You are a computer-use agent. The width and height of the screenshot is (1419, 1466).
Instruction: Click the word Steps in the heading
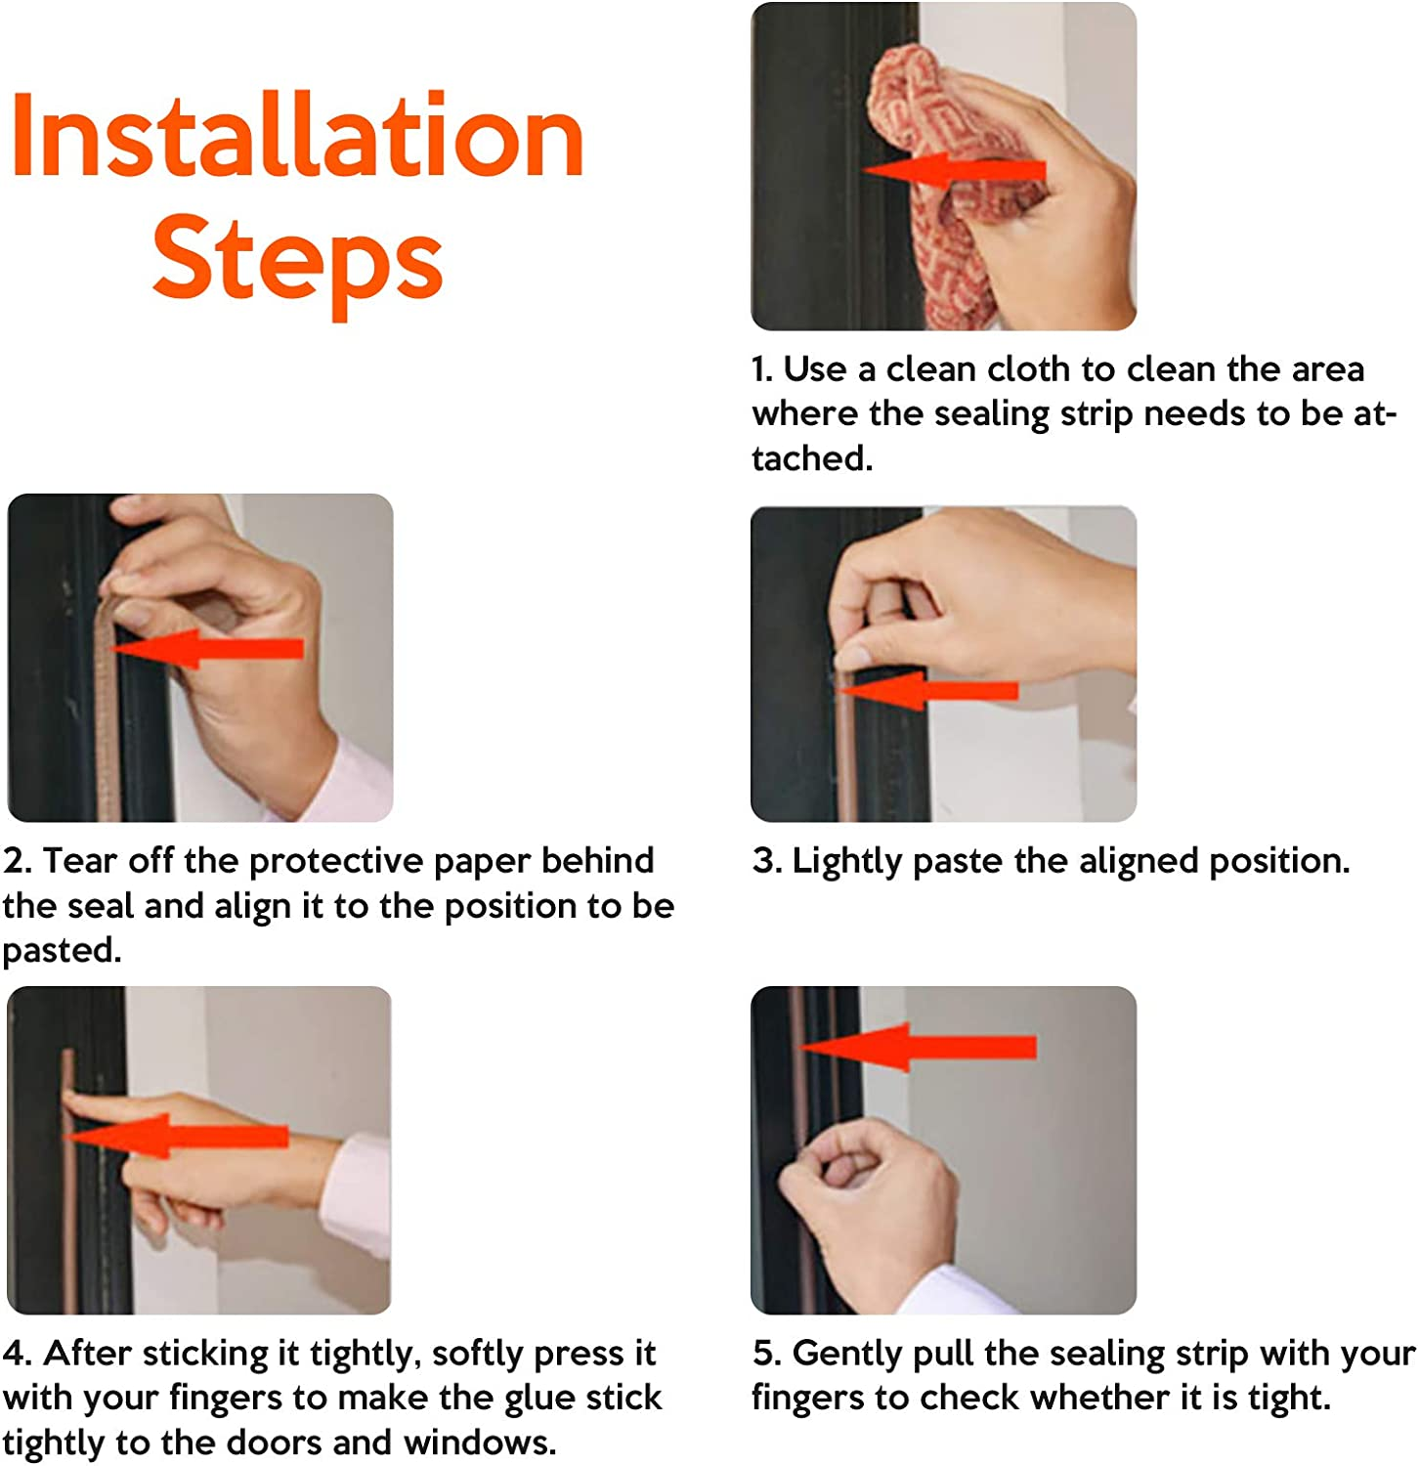coord(297,260)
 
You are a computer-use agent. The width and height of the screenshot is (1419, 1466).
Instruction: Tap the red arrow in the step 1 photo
coord(953,171)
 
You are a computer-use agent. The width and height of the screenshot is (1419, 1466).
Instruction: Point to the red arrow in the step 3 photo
coord(928,690)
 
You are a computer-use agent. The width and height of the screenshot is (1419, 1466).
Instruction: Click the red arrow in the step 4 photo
coord(176,1136)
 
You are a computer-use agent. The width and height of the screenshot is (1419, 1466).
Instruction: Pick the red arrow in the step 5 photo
coord(919,1047)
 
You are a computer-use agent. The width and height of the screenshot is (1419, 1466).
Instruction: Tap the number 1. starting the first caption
coord(762,369)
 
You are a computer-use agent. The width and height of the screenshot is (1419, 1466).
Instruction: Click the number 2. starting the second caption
coord(18,861)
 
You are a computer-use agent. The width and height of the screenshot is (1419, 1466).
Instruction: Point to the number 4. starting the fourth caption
coord(18,1354)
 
